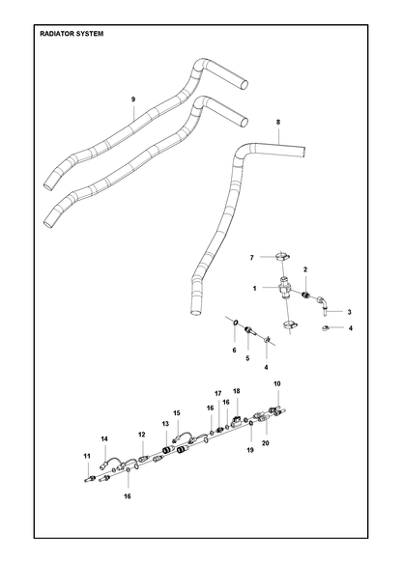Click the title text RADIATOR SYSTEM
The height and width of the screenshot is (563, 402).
coord(72,34)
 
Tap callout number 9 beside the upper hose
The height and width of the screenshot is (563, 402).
coord(133,99)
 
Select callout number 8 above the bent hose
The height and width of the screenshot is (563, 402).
coord(278,122)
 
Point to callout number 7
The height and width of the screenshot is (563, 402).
coord(252,258)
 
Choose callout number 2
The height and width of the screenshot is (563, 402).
coord(305,269)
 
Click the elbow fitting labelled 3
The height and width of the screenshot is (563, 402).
coord(323,305)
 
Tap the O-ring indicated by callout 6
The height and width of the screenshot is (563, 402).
coord(234,323)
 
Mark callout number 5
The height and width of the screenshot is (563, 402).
coord(247,358)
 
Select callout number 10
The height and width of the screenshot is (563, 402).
coord(277,383)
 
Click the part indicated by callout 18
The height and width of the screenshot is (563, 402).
coord(237,421)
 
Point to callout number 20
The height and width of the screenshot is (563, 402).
coord(266,443)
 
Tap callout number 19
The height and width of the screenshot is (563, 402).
coord(250,450)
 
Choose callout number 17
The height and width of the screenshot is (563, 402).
coord(218,394)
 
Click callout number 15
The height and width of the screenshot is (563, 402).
coord(177,413)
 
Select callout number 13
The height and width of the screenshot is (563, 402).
coord(165,424)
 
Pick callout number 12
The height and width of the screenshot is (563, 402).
coord(142,435)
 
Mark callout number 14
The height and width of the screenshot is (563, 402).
coord(104,439)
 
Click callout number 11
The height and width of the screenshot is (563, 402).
coord(87,457)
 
